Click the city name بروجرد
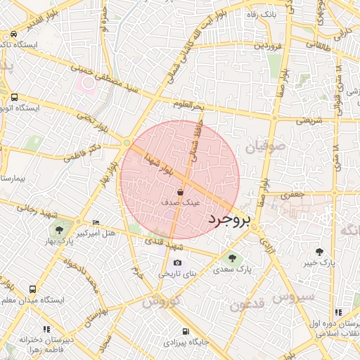[x=230, y=220]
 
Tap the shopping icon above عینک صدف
[x=181, y=191]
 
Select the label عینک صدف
[x=181, y=202]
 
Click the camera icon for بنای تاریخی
[x=177, y=263]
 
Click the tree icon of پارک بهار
[x=58, y=230]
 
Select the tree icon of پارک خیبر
[x=320, y=252]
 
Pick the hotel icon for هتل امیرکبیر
[x=96, y=222]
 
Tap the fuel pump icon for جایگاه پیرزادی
[x=185, y=332]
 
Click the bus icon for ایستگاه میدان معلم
[x=33, y=289]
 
